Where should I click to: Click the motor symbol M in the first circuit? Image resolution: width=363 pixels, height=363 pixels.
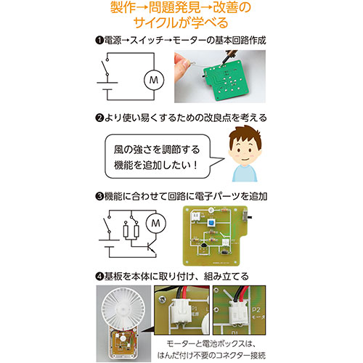pyautogui.click(x=154, y=80)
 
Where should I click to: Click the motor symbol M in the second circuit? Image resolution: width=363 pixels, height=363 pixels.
pyautogui.click(x=156, y=223)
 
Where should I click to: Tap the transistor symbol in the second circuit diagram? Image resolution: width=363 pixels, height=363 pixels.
pyautogui.click(x=150, y=248)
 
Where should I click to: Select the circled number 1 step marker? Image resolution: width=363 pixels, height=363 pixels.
pyautogui.click(x=99, y=40)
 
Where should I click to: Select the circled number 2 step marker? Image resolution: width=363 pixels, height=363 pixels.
pyautogui.click(x=99, y=118)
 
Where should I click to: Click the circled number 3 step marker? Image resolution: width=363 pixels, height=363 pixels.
pyautogui.click(x=99, y=196)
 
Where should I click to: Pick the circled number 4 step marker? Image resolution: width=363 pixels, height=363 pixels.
pyautogui.click(x=99, y=276)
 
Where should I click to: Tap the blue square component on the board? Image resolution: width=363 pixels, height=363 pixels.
pyautogui.click(x=211, y=222)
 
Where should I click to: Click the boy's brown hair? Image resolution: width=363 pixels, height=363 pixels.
pyautogui.click(x=245, y=136)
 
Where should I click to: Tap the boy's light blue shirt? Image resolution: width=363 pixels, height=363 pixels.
pyautogui.click(x=245, y=173)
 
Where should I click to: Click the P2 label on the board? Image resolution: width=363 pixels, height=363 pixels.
pyautogui.click(x=256, y=309)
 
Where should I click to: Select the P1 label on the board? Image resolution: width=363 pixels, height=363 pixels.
pyautogui.click(x=195, y=309)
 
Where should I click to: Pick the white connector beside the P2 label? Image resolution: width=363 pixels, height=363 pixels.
pyautogui.click(x=239, y=311)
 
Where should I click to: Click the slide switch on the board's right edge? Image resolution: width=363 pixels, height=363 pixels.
pyautogui.click(x=246, y=216)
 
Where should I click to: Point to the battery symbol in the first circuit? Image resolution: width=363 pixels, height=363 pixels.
pyautogui.click(x=107, y=86)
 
